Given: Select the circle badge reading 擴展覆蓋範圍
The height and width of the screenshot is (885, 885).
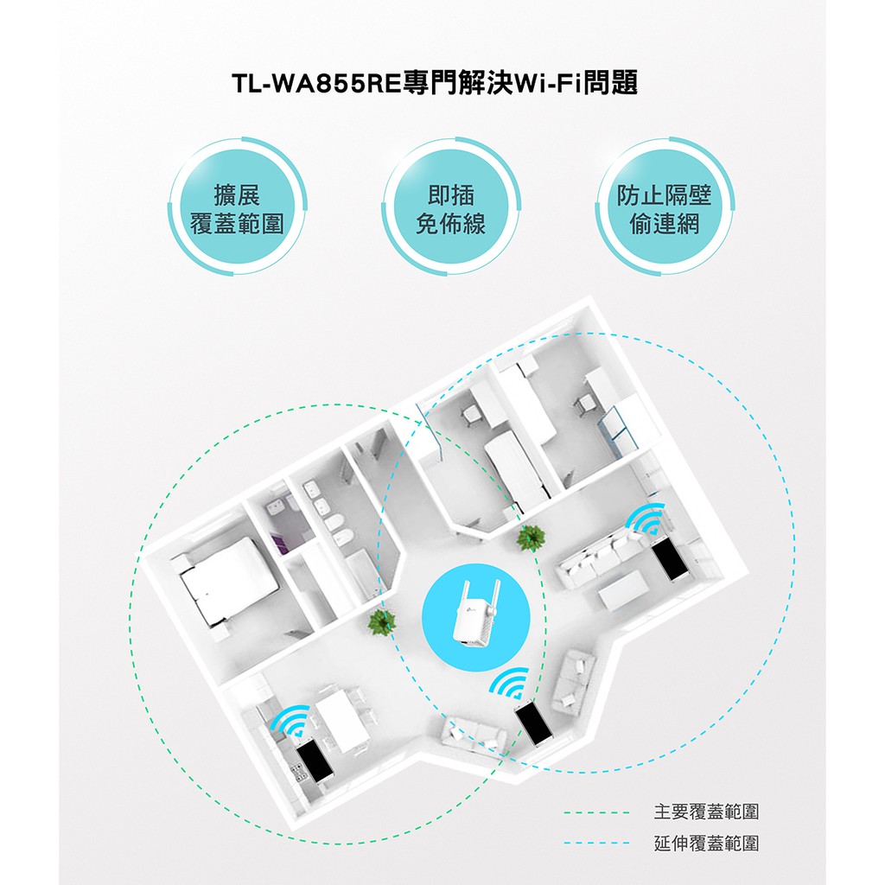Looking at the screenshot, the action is tap(237, 207).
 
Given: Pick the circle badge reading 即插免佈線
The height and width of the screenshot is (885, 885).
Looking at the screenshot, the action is tap(451, 207).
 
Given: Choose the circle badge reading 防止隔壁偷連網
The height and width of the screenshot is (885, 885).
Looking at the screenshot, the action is tap(665, 207).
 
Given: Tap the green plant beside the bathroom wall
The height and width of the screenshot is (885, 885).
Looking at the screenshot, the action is tap(381, 621).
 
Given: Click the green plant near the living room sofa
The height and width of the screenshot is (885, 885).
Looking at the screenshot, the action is tap(531, 538).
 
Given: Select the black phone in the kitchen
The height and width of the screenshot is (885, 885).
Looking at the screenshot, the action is tap(315, 762).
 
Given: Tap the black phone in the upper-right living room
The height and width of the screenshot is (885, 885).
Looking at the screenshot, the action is tap(670, 560).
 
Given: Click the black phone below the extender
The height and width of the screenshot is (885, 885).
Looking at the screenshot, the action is tap(533, 724).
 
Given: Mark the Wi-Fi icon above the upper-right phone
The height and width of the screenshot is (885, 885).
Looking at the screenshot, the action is tap(646, 519).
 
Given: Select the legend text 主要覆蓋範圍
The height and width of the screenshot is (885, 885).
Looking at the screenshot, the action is tap(706, 812).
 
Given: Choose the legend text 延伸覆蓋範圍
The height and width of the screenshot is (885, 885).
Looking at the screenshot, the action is tap(706, 844).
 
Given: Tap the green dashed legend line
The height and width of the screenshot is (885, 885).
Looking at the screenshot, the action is tap(596, 812).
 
